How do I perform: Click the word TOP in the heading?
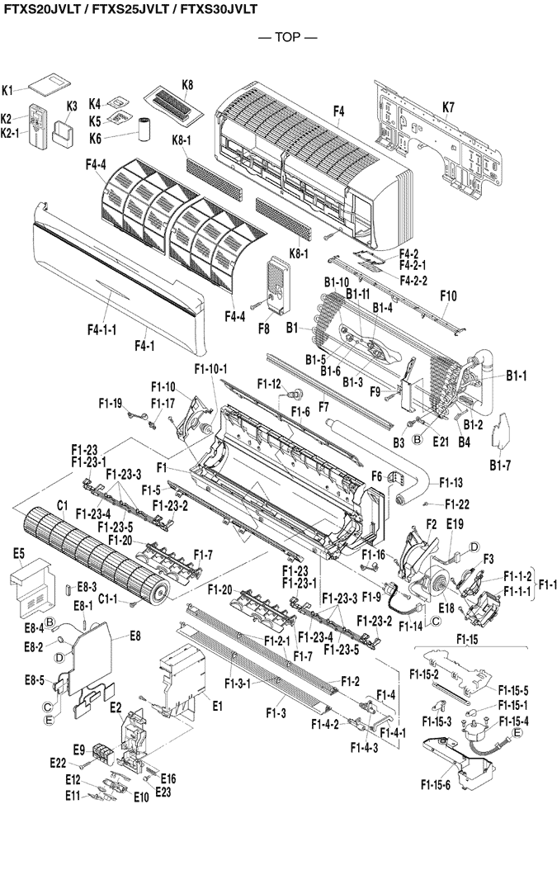(x=277, y=37)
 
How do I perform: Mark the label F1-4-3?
(x=363, y=748)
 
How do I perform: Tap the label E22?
(x=58, y=761)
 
